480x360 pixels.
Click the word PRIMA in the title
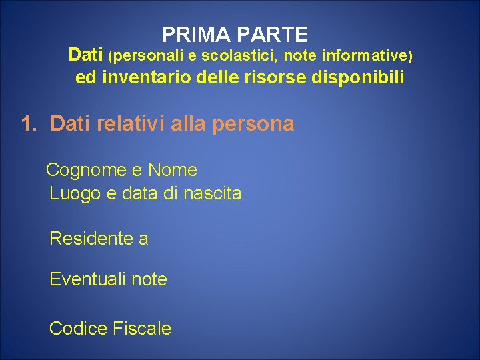[x=191, y=34]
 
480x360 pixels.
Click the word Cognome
[x=86, y=171]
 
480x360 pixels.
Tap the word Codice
[x=78, y=329]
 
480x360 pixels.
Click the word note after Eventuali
[x=149, y=279]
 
